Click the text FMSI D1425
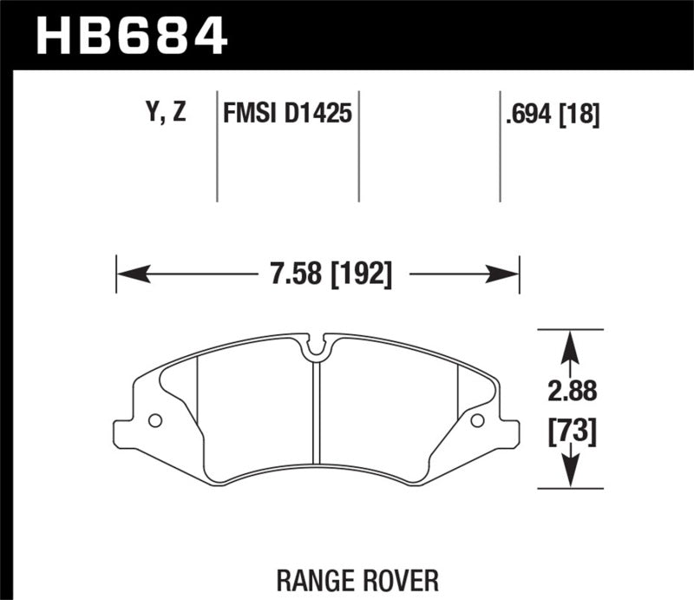(x=287, y=114)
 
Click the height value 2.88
(x=570, y=392)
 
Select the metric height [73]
(x=570, y=431)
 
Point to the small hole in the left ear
(x=155, y=421)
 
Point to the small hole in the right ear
(x=476, y=421)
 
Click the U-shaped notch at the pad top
(x=318, y=347)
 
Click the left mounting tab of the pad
(x=124, y=432)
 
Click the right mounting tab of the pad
(x=509, y=432)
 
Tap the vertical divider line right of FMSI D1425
(x=358, y=148)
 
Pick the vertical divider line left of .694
(x=500, y=148)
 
